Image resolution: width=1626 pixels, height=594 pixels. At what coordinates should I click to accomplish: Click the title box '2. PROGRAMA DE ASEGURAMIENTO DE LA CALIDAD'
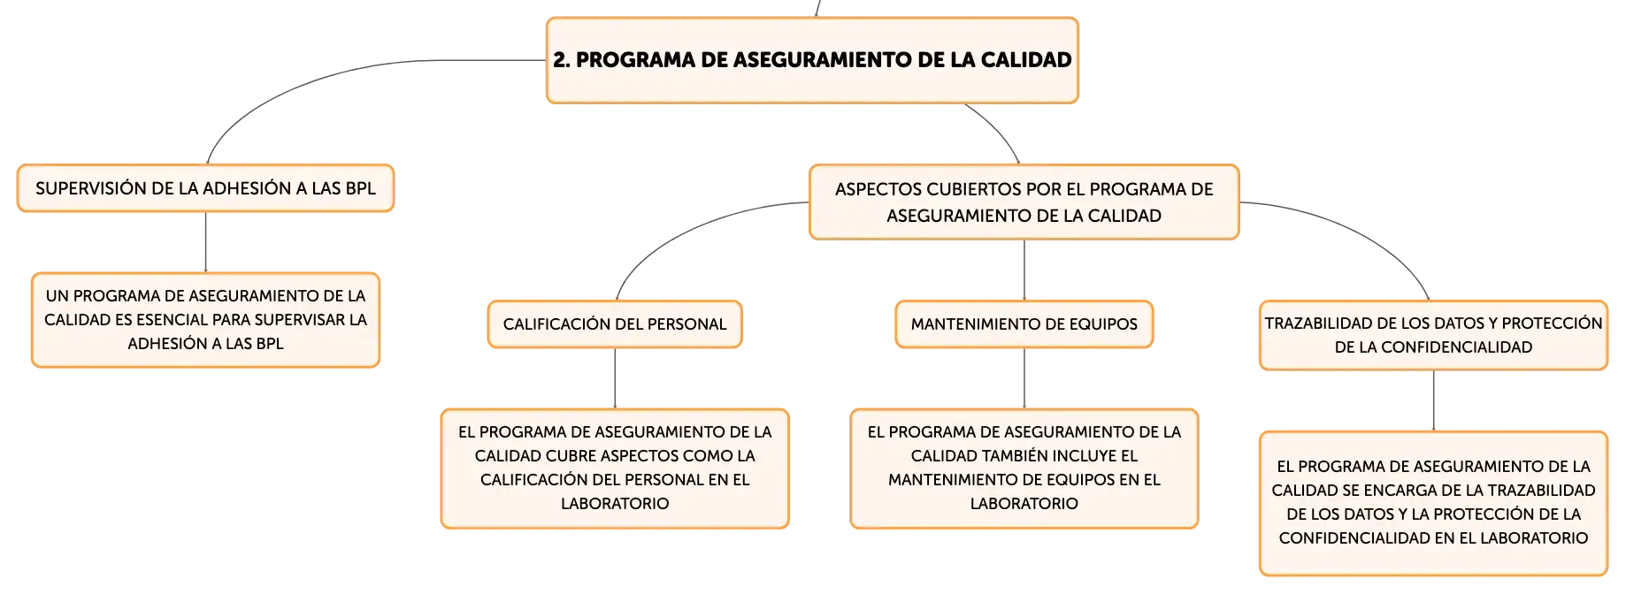coord(812,60)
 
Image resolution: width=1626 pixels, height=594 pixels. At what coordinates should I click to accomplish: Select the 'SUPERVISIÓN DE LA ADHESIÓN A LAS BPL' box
coord(205,188)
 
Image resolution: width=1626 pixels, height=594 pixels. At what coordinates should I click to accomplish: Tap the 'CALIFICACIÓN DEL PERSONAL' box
coord(615,324)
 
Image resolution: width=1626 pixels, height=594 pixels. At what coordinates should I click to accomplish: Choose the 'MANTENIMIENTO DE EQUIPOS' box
coord(1024,324)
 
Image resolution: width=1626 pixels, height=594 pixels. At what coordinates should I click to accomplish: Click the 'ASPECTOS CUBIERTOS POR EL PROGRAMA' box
coord(1024,202)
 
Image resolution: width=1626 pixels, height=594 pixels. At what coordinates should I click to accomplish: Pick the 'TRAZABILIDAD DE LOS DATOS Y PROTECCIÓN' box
coord(1433,335)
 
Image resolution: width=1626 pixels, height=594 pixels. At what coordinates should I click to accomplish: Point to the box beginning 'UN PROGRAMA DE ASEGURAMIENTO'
coord(205,320)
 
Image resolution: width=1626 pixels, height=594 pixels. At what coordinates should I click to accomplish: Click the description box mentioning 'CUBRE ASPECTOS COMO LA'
coord(615,468)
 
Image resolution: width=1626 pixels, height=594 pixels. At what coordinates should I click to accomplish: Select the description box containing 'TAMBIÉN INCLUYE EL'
coord(1024,468)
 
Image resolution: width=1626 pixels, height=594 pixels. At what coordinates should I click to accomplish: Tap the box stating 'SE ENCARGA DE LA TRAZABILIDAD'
coord(1433,503)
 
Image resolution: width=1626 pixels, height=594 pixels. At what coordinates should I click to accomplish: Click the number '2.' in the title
coord(562,60)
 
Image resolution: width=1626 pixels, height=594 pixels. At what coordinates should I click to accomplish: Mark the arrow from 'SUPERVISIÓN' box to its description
coord(205,242)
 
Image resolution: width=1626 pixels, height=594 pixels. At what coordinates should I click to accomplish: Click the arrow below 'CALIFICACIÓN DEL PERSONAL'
coord(615,378)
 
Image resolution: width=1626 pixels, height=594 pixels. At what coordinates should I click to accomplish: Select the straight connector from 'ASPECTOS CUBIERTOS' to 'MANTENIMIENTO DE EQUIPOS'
coord(1024,270)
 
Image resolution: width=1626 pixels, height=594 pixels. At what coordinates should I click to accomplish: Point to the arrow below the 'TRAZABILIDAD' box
coord(1433,400)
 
